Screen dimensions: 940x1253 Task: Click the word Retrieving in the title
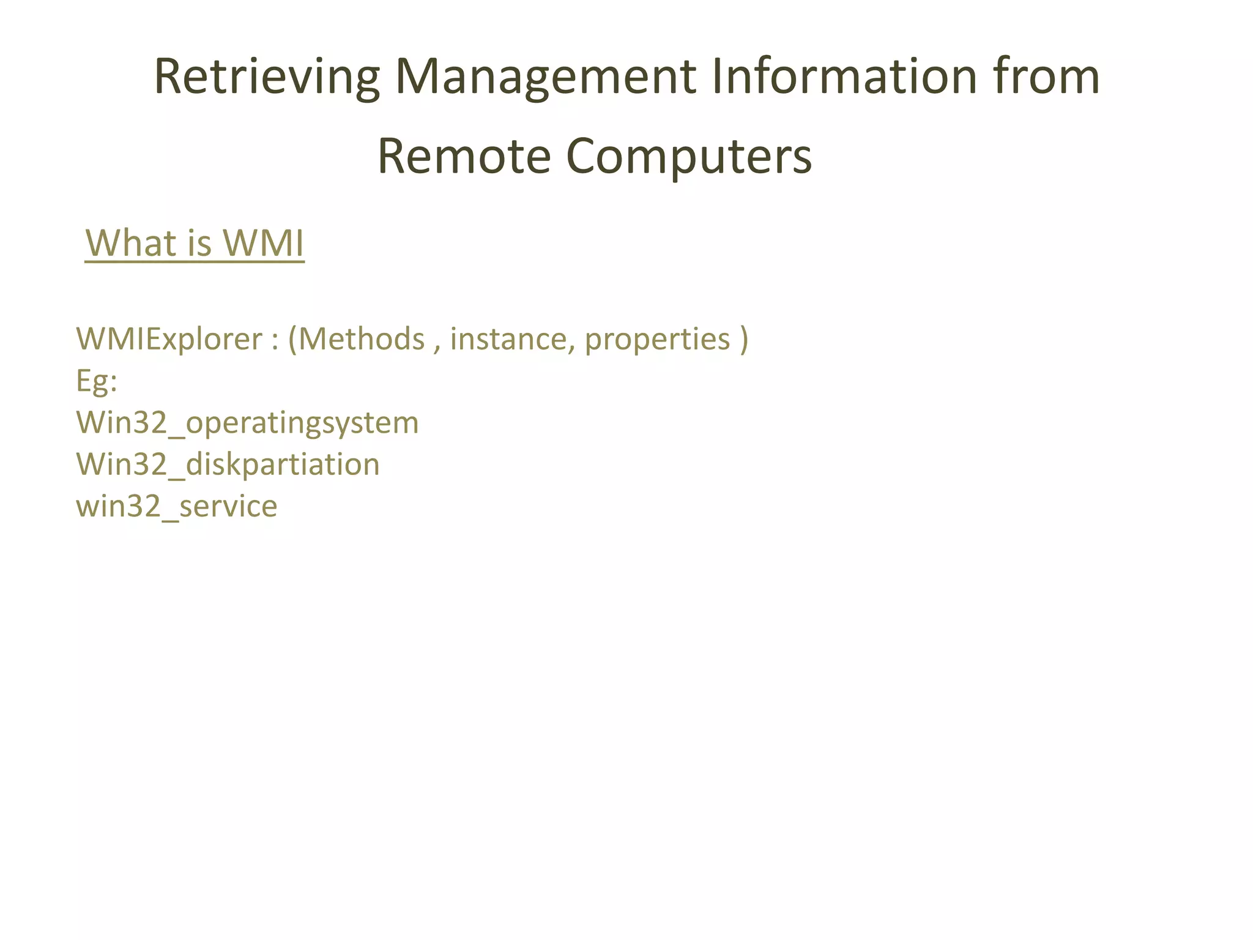pyautogui.click(x=267, y=77)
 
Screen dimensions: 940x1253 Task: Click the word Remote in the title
pyautogui.click(x=464, y=156)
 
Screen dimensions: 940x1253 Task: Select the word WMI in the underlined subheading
pyautogui.click(x=263, y=243)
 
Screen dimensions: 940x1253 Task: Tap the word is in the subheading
pyautogui.click(x=199, y=243)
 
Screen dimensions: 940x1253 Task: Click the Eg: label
pyautogui.click(x=97, y=381)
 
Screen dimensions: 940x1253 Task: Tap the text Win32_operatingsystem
pyautogui.click(x=247, y=423)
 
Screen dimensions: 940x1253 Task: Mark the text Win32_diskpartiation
pyautogui.click(x=228, y=464)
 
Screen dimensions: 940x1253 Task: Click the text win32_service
pyautogui.click(x=176, y=506)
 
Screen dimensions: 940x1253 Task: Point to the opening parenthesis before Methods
pyautogui.click(x=292, y=340)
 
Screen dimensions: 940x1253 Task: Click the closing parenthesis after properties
pyautogui.click(x=743, y=340)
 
